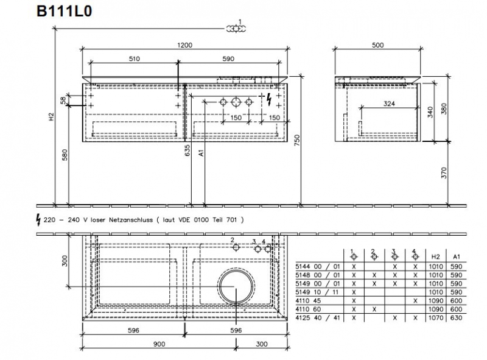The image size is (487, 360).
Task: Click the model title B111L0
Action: tap(65, 11)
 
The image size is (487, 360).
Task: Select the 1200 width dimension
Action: tap(185, 45)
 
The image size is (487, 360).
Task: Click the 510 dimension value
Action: tap(134, 58)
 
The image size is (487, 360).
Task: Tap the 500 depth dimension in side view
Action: tap(377, 45)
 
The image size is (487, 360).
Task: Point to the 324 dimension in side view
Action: tap(389, 104)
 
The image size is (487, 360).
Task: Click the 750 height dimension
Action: tap(297, 141)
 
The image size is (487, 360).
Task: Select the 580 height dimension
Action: tap(65, 155)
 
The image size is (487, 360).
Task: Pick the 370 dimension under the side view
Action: tap(444, 173)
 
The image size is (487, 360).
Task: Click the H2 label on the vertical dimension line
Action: tap(51, 116)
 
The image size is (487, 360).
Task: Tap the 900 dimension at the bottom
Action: tap(159, 344)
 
